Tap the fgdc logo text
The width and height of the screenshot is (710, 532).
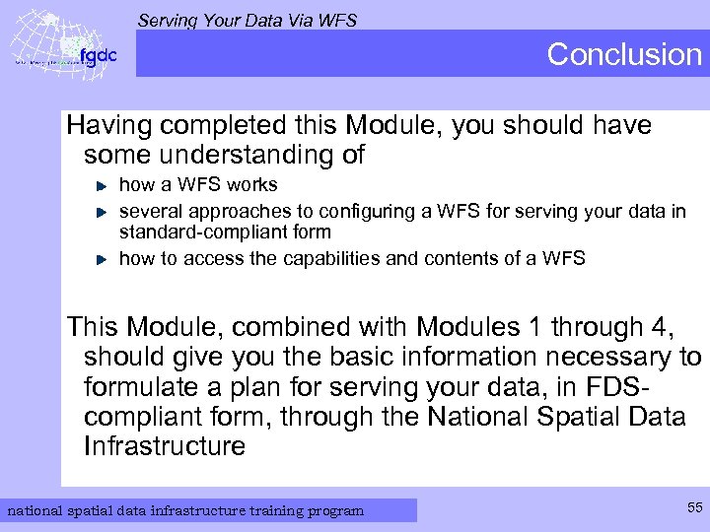[x=98, y=56]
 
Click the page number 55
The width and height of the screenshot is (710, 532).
[x=693, y=507]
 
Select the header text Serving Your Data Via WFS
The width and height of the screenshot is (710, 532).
[x=247, y=20]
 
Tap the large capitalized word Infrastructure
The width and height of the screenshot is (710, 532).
[x=165, y=446]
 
